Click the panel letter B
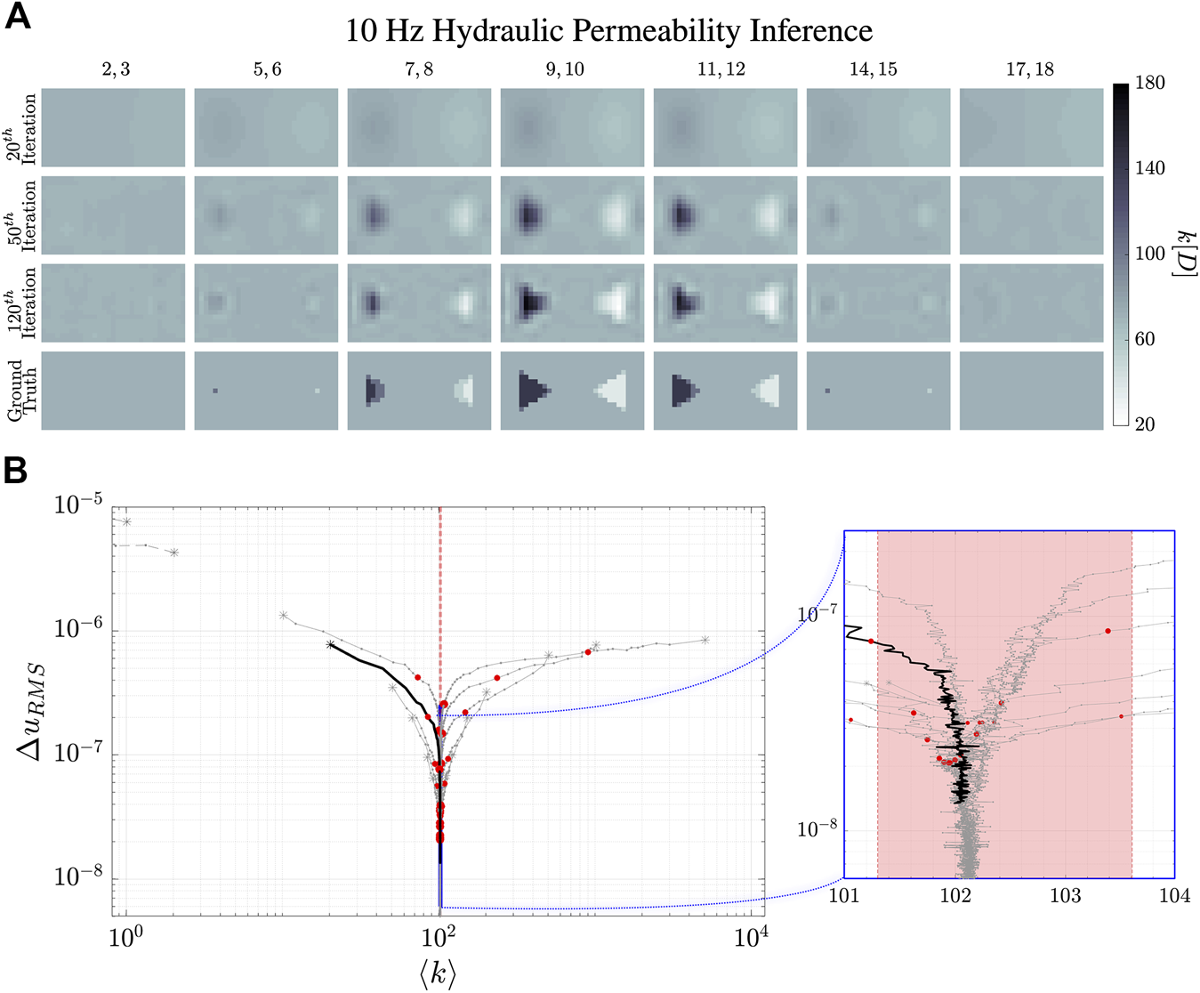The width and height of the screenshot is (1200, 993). [x=17, y=471]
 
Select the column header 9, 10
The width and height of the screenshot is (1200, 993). [x=564, y=69]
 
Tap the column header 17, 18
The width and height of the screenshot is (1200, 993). [x=1030, y=69]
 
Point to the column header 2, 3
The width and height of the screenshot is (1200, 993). [x=115, y=69]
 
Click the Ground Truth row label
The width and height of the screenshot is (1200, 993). [x=22, y=392]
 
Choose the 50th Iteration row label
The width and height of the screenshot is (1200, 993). [x=22, y=215]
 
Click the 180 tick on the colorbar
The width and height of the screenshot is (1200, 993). [x=1150, y=83]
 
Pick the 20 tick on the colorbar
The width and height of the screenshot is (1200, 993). [x=1146, y=424]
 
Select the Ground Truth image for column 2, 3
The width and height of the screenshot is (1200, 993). [x=114, y=391]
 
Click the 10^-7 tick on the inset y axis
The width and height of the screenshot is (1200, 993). [x=817, y=615]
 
